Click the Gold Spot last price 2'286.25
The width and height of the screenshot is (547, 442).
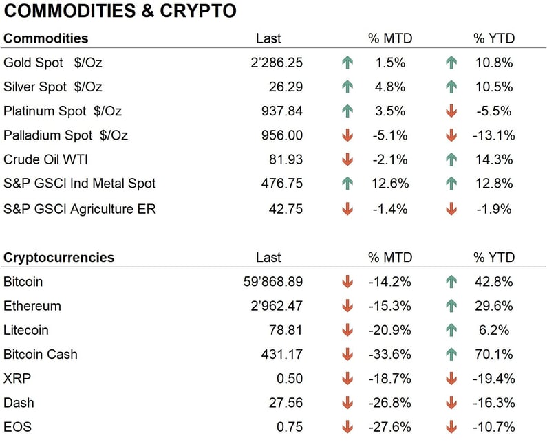point(277,63)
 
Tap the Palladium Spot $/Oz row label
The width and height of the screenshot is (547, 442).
point(65,135)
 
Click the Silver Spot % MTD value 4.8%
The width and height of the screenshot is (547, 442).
point(390,87)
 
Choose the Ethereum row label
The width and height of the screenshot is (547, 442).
point(32,306)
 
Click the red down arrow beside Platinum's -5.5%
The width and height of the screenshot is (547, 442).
point(451,111)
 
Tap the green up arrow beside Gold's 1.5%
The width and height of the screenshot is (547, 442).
point(347,63)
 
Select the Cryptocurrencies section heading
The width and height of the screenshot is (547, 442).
point(58,257)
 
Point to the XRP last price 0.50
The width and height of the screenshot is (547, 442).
point(289,379)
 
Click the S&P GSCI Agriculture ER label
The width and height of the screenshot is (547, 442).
point(79,208)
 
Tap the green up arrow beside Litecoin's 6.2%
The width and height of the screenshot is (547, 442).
point(451,330)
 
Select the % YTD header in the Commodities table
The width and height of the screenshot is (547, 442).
point(493,38)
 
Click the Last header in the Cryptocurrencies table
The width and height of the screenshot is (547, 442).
point(268,257)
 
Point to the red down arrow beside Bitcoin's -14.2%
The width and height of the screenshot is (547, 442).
point(347,282)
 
